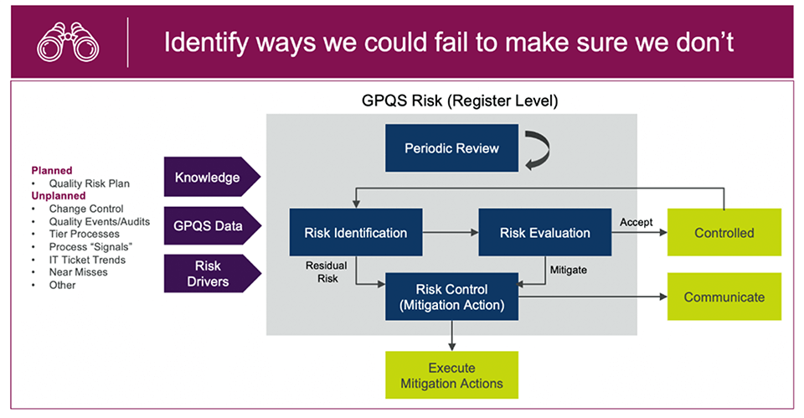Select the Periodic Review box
(451, 148)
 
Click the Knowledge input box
(209, 177)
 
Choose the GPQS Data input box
(209, 226)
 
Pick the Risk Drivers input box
(209, 275)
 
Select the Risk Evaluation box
(544, 232)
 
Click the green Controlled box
(724, 233)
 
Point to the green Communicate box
(724, 297)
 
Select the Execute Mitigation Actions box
(451, 375)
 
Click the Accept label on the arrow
(636, 222)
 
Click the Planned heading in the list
(52, 171)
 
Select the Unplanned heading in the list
(58, 196)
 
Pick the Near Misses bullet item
(75, 272)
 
